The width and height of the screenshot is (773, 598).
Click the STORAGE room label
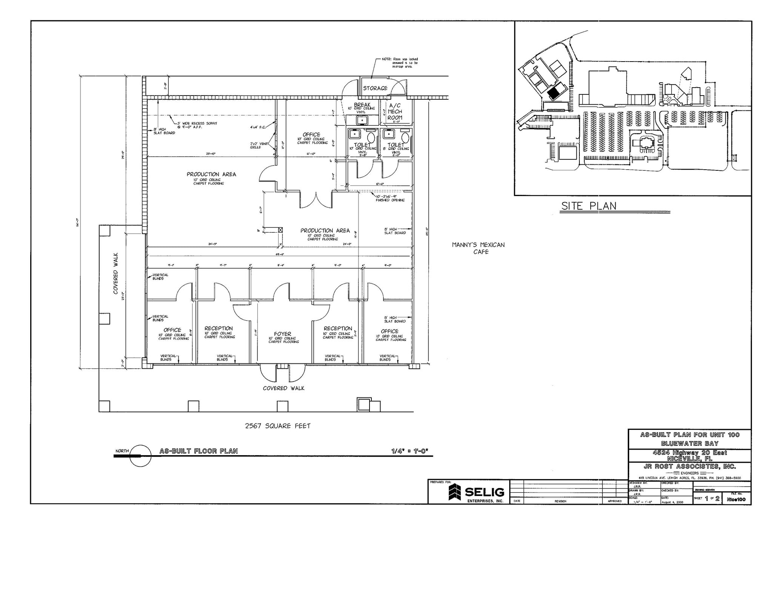pyautogui.click(x=375, y=88)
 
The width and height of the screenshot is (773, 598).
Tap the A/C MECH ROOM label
pyautogui.click(x=395, y=111)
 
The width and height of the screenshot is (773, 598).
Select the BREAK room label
pyautogui.click(x=362, y=105)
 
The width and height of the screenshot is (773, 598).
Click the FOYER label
pyautogui.click(x=282, y=334)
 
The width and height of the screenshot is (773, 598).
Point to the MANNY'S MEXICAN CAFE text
pyautogui.click(x=478, y=248)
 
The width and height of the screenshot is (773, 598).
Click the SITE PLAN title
pyautogui.click(x=588, y=206)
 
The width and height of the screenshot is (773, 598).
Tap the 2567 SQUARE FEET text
pyautogui.click(x=278, y=426)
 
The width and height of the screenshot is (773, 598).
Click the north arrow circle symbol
pyautogui.click(x=140, y=456)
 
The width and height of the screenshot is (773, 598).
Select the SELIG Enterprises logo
pyautogui.click(x=476, y=492)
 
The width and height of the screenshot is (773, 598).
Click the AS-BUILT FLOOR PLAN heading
pyautogui.click(x=199, y=451)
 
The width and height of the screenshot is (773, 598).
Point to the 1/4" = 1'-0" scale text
pyautogui.click(x=410, y=451)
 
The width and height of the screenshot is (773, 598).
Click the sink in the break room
pyautogui.click(x=362, y=120)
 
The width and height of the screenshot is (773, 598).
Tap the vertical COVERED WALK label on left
pyautogui.click(x=116, y=273)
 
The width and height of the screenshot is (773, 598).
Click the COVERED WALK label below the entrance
pyautogui.click(x=283, y=388)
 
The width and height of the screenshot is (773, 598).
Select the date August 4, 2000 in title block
pyautogui.click(x=672, y=502)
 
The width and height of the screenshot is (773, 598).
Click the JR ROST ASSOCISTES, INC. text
pyautogui.click(x=690, y=466)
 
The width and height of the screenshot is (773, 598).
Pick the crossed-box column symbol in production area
pyautogui.click(x=280, y=230)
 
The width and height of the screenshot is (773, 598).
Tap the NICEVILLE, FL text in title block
pyautogui.click(x=689, y=459)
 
